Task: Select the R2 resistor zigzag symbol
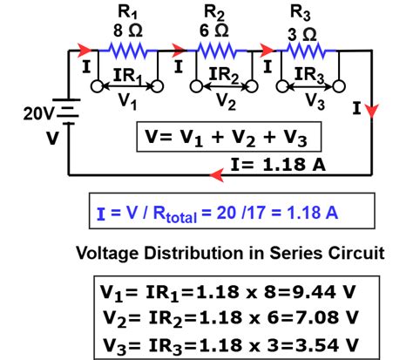pyautogui.click(x=219, y=51)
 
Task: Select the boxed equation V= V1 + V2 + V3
pyautogui.click(x=224, y=138)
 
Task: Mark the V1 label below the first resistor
pyautogui.click(x=129, y=102)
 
